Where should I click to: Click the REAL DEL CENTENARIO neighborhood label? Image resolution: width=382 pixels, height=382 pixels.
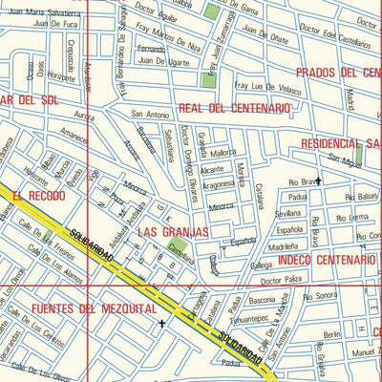click(x=233, y=109)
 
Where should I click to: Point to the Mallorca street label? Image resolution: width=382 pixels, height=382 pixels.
click(x=224, y=152)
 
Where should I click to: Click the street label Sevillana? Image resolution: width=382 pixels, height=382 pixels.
click(x=287, y=215)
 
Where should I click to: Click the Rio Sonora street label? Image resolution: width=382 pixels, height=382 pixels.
click(x=321, y=298)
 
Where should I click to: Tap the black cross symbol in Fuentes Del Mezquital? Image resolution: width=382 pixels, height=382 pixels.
click(x=163, y=323)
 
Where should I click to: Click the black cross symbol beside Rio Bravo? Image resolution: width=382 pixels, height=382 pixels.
click(x=319, y=179)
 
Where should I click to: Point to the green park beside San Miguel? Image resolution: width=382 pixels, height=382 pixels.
click(x=358, y=151)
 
